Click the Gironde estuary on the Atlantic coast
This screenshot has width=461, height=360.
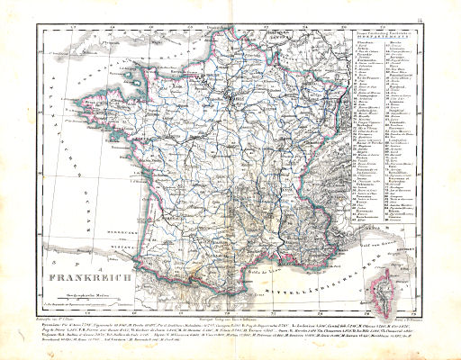(135, 193)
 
